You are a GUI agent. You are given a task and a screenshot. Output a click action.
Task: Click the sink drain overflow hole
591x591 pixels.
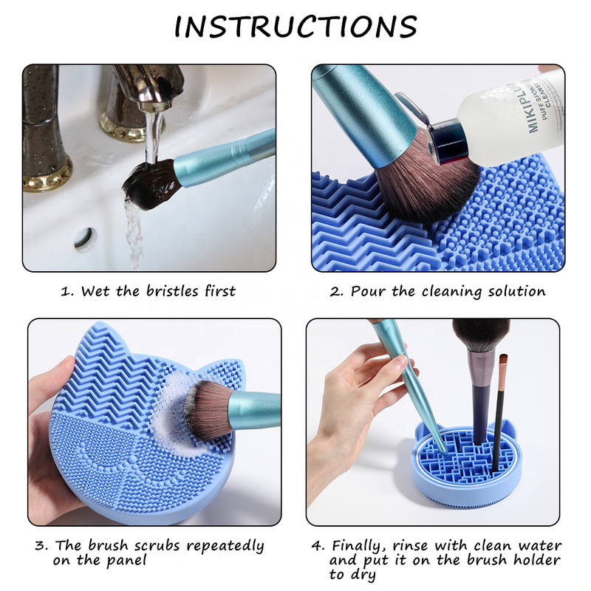(85, 238)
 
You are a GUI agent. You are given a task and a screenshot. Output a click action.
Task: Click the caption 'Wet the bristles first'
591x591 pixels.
(148, 291)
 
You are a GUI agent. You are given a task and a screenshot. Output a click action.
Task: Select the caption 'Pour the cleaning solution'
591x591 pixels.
(437, 291)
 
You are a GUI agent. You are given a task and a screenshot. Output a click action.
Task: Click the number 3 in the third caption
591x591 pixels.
(39, 547)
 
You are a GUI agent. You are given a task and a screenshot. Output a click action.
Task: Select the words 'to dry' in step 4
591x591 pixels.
(355, 575)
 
